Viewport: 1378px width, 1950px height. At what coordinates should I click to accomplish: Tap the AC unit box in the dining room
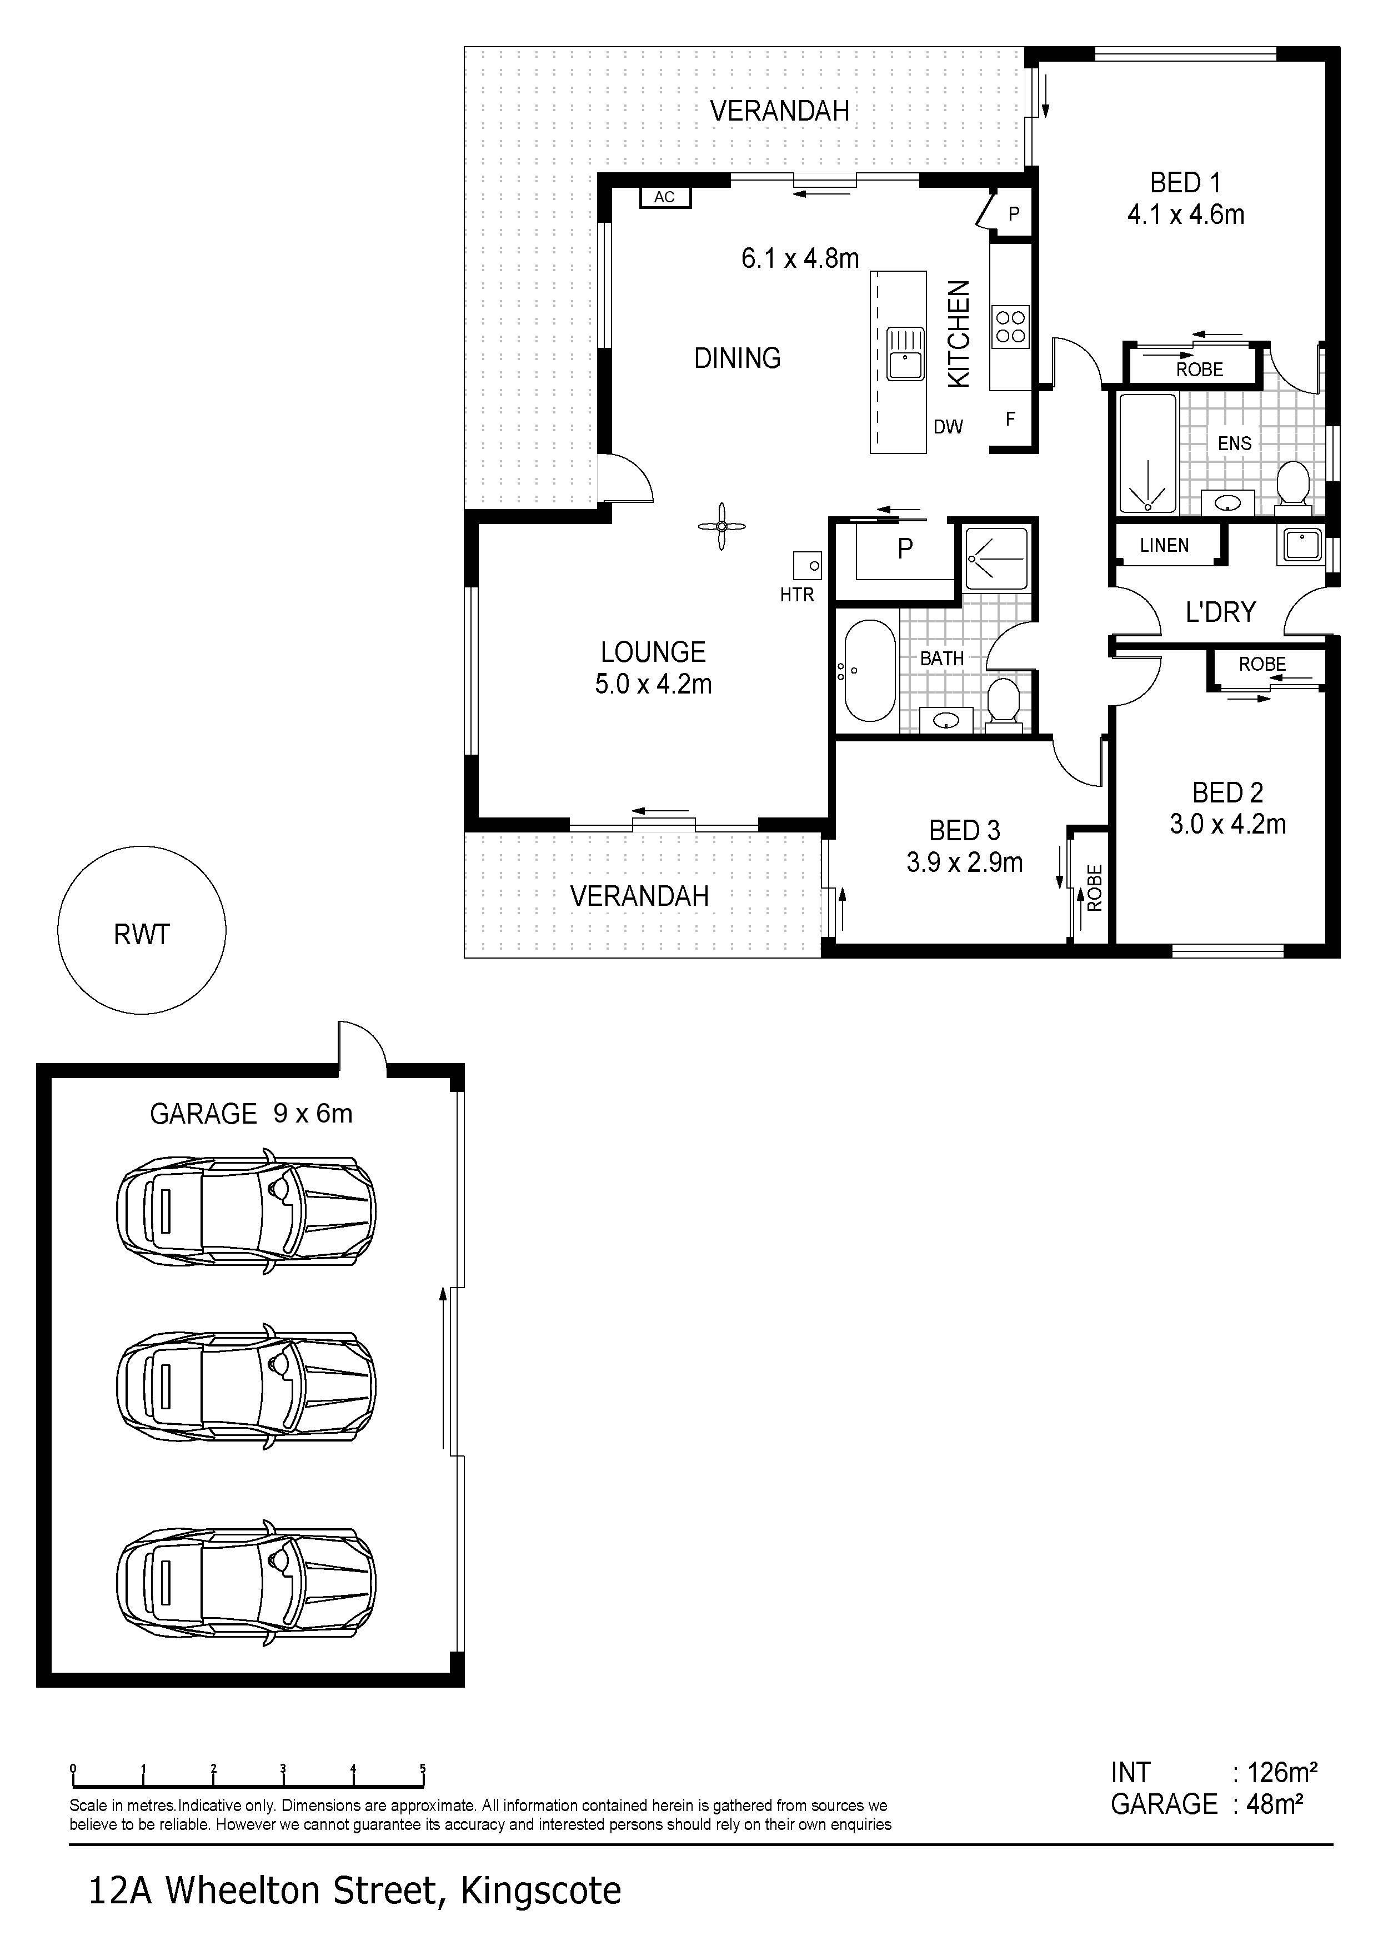[x=665, y=197]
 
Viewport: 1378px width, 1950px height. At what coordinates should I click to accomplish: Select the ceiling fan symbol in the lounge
[x=721, y=527]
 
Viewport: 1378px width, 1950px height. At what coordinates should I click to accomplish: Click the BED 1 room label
[x=1185, y=183]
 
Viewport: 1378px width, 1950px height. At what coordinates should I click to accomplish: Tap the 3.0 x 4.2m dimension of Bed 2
[x=1227, y=824]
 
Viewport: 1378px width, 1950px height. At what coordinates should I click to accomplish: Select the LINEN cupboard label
[x=1164, y=545]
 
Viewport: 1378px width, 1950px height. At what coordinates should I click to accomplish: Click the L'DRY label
[x=1220, y=611]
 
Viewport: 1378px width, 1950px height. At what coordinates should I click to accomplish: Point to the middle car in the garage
[x=246, y=1387]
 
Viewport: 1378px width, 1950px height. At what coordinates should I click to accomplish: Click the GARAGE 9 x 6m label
[x=251, y=1114]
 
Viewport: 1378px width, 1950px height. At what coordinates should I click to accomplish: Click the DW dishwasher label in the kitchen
[x=949, y=427]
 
